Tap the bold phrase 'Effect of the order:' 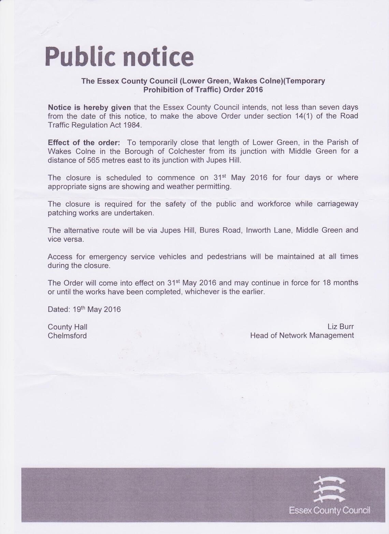(84, 142)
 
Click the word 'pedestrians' (227, 257)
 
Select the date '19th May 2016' (97, 309)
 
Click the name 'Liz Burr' (341, 327)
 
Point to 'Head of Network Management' (302, 335)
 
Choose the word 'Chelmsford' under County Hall (67, 336)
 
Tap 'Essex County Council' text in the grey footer (330, 510)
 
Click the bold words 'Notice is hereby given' (89, 107)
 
